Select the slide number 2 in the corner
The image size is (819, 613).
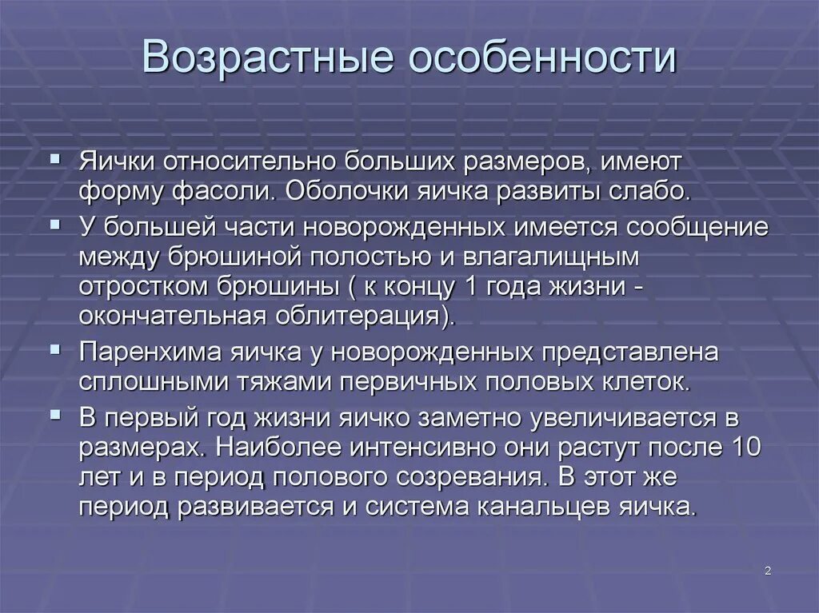tap(767, 570)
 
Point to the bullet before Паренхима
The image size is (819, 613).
tap(55, 349)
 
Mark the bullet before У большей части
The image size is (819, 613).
tap(55, 225)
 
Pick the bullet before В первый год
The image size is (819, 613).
tap(55, 414)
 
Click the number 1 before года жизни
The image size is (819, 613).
tap(469, 286)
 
